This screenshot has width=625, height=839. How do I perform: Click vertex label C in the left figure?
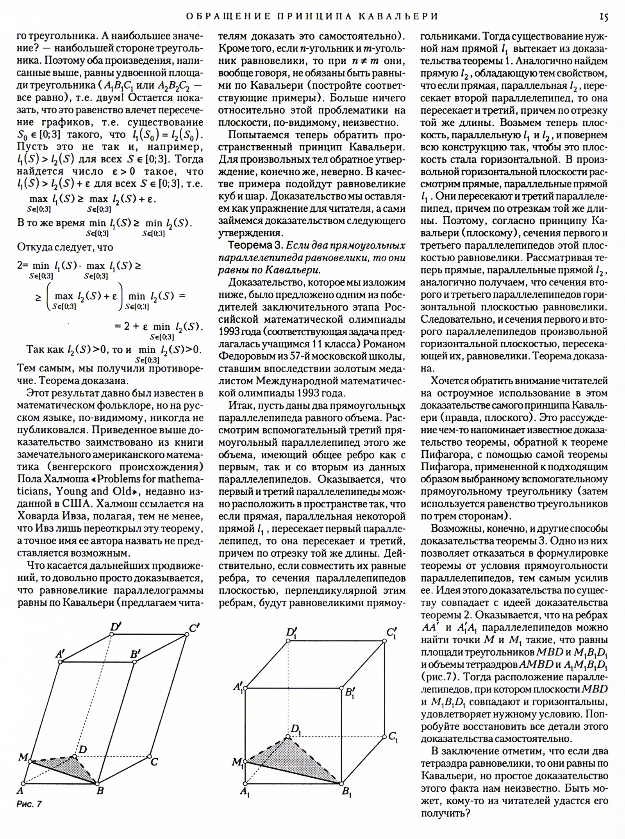point(154,762)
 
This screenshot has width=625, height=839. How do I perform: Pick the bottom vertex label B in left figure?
point(100,791)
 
